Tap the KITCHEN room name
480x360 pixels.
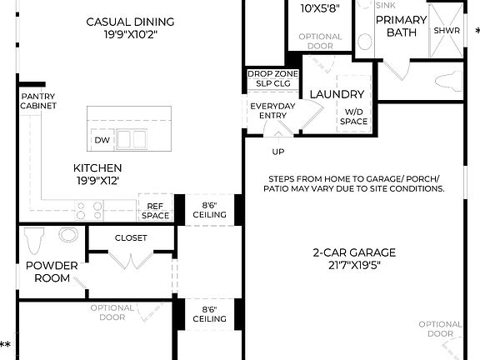click(97, 167)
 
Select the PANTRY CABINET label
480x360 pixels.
click(39, 101)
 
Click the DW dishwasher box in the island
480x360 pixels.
click(101, 140)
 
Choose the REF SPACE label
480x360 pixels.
click(156, 211)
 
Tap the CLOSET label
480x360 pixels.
click(131, 237)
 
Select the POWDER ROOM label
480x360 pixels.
click(52, 272)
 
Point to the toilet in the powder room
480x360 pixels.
click(34, 241)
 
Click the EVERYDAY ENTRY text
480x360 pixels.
click(272, 110)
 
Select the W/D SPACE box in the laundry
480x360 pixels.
click(353, 116)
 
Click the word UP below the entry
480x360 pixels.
click(277, 152)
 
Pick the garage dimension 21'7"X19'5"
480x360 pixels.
click(354, 266)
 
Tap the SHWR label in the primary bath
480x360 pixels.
click(442, 31)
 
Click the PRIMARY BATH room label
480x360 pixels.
click(407, 26)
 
